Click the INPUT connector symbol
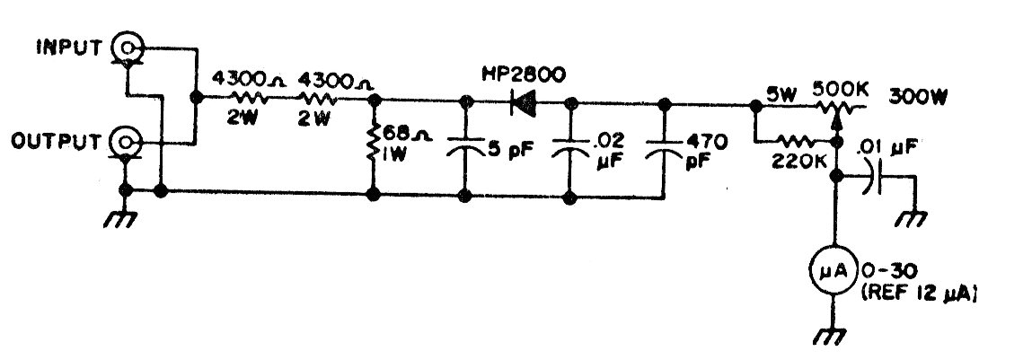(x=126, y=48)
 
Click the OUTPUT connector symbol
(x=126, y=142)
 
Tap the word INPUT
(x=69, y=48)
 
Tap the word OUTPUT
(x=56, y=142)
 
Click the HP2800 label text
(x=523, y=75)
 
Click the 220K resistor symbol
(x=796, y=141)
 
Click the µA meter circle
(x=834, y=270)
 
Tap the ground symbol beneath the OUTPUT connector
(x=122, y=214)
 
